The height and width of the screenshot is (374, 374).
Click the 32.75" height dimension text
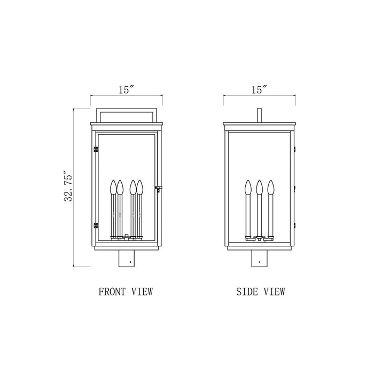(x=68, y=187)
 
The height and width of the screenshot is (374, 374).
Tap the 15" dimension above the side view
(x=259, y=90)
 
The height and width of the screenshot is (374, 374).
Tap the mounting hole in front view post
(x=128, y=262)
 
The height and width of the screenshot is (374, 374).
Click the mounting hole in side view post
(x=259, y=262)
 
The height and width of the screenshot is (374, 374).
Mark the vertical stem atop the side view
(x=259, y=116)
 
